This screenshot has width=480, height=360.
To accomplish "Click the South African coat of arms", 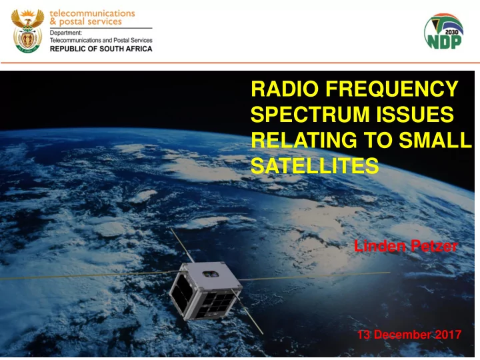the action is (x=27, y=31).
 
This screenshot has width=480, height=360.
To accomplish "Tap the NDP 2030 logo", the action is (x=443, y=31).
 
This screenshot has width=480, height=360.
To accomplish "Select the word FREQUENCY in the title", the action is (x=392, y=89).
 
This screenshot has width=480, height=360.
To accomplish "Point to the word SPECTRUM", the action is (x=310, y=114).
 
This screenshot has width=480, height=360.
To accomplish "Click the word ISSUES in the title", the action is (x=415, y=114).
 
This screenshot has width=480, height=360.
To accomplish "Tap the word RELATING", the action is (x=304, y=140).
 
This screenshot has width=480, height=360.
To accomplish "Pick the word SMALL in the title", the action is (x=435, y=140).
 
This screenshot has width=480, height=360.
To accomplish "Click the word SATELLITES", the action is (x=315, y=165).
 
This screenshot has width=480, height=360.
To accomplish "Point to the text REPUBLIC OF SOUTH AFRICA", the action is (x=101, y=49).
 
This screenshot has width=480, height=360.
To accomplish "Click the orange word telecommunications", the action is (x=92, y=13).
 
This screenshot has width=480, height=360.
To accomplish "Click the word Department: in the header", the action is (x=66, y=33).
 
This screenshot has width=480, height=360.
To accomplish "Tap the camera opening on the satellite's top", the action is (x=211, y=273).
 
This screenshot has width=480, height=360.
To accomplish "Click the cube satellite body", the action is (x=206, y=290).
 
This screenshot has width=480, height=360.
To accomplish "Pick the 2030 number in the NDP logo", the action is (x=451, y=32).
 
